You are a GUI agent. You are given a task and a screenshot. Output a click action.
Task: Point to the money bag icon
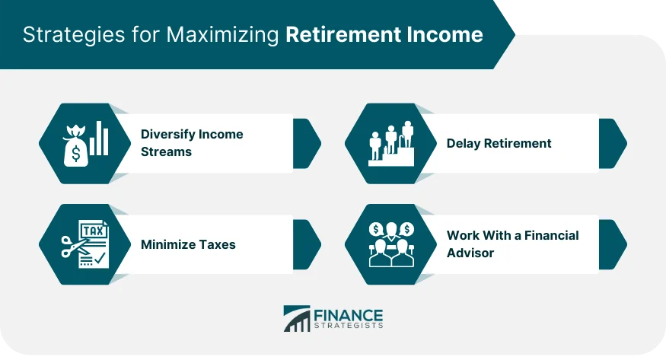click(75, 147)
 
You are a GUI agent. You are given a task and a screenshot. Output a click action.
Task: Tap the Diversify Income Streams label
click(192, 142)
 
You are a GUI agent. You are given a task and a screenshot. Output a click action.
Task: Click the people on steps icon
click(390, 142)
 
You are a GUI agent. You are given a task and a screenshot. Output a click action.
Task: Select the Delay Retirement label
click(499, 143)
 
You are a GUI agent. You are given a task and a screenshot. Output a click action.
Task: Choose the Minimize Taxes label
click(188, 244)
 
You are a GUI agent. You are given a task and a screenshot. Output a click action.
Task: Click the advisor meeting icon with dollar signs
click(390, 244)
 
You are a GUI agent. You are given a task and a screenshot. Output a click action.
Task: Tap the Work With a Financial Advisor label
click(512, 244)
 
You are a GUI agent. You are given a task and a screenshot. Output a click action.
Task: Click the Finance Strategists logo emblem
click(297, 319)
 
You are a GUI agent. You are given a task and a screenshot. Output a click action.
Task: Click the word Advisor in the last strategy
click(470, 253)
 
